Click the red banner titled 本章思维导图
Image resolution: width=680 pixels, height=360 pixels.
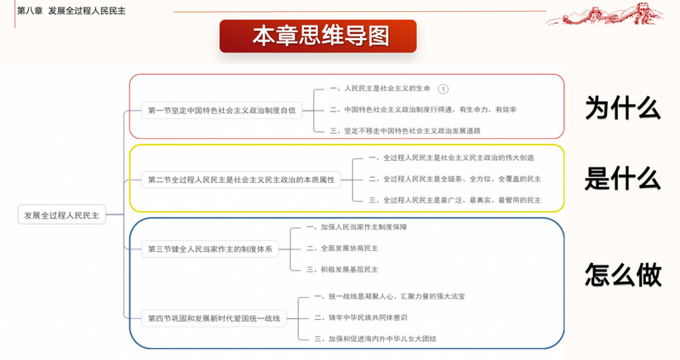coord(318,36)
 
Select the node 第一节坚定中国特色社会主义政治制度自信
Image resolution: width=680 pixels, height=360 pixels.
coord(221,110)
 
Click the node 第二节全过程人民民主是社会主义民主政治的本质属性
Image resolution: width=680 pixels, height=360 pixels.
coord(241,180)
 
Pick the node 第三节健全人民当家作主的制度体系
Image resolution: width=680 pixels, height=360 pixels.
coord(210,249)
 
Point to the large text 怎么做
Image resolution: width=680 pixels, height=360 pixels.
coord(623,274)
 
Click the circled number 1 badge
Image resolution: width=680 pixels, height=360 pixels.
coord(443,89)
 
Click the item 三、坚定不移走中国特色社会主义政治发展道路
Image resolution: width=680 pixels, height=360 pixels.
coord(405,130)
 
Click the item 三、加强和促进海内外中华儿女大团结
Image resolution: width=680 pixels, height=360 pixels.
coord(380,339)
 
